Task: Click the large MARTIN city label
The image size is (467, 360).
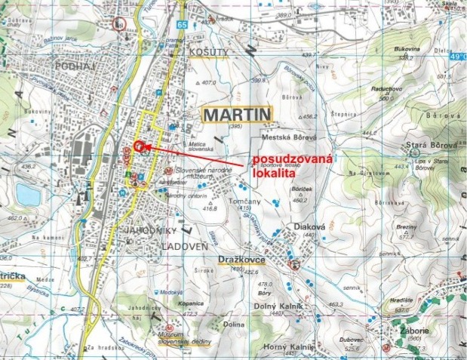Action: [x=237, y=115]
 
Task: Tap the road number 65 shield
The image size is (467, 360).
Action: [x=183, y=25]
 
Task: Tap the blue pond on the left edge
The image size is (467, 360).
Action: [x=26, y=195]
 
